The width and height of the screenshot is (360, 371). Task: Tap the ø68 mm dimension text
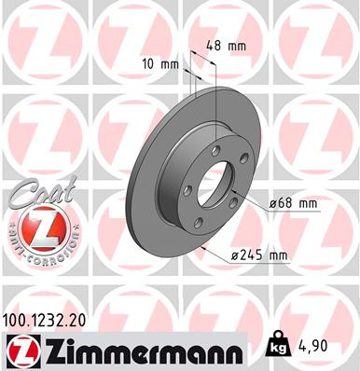(292, 203)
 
